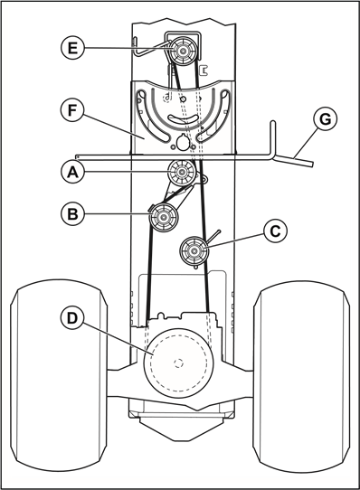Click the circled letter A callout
click(x=72, y=171)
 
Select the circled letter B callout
click(x=72, y=213)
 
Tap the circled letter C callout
click(x=275, y=231)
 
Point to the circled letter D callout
click(x=72, y=318)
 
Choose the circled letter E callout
click(x=72, y=48)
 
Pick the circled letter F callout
click(x=72, y=109)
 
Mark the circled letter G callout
click(x=326, y=118)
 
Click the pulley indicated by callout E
click(x=183, y=51)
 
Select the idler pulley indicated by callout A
click(x=182, y=172)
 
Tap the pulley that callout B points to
click(x=164, y=217)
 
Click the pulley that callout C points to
click(x=194, y=250)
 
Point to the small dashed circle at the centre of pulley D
click(x=178, y=363)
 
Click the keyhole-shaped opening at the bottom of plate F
click(x=182, y=142)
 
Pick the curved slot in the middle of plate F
click(x=183, y=118)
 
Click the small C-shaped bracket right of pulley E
click(x=204, y=70)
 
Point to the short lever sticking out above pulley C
click(x=213, y=236)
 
